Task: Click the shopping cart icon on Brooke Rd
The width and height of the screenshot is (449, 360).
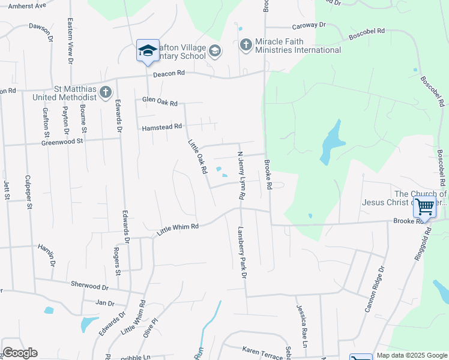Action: point(424,207)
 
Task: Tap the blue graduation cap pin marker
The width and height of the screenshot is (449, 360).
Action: point(147,52)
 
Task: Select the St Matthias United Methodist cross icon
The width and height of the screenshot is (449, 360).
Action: point(106,92)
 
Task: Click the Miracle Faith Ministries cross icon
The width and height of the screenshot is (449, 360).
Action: point(246,45)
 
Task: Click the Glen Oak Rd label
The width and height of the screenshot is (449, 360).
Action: point(160,103)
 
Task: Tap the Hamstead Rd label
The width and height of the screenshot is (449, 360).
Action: point(161,127)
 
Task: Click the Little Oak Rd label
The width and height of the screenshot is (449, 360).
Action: point(197,157)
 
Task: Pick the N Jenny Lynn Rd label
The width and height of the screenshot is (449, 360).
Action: point(241,175)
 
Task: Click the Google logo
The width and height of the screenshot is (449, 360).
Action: point(20,353)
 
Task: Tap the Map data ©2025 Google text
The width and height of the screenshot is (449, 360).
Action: point(412,355)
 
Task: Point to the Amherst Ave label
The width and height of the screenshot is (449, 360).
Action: point(23,5)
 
